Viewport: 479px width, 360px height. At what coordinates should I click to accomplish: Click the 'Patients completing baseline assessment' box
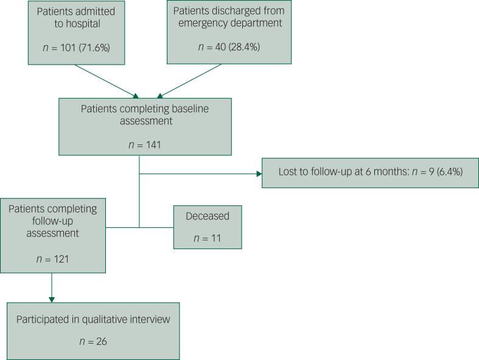[145, 127]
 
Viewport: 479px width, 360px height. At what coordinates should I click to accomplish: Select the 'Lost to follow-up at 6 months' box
[369, 173]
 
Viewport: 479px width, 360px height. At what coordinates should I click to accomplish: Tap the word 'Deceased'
[208, 217]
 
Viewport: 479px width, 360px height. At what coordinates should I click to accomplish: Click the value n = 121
[53, 259]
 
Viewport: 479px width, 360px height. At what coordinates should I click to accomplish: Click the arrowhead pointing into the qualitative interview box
[52, 299]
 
